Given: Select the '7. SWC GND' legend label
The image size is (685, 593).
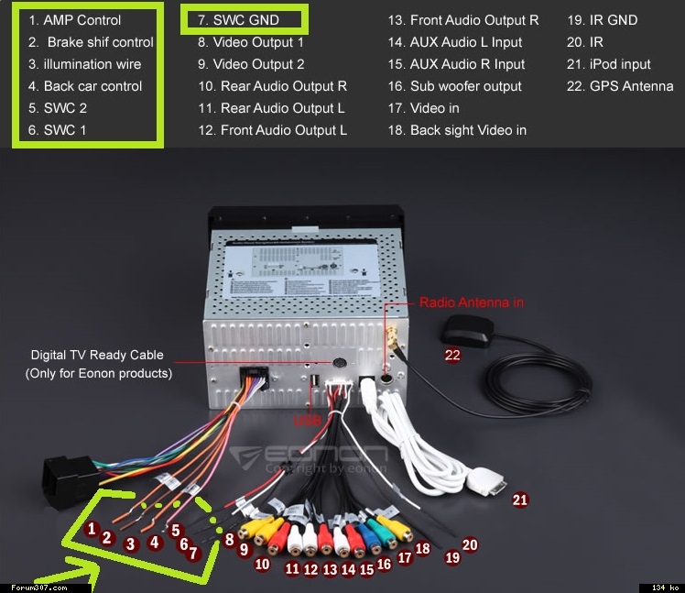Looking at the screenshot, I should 239,20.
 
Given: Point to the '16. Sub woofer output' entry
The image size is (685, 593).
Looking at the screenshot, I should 454,86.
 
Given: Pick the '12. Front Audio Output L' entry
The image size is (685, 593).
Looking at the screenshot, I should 272,130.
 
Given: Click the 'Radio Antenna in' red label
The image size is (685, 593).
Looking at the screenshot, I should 472,302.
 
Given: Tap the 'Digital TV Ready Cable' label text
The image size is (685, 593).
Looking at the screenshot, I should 97,355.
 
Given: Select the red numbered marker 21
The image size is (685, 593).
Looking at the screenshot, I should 520,500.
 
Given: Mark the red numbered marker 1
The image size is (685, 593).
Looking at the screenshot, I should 91,528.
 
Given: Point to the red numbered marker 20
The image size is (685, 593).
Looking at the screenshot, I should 470,544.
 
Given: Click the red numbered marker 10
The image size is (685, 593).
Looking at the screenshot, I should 262,565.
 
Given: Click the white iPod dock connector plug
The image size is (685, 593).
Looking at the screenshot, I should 485,482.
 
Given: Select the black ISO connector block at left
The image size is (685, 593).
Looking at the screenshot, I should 69,478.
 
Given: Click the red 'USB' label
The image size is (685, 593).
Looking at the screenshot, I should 307,421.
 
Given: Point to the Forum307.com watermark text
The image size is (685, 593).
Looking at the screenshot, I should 33,587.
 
